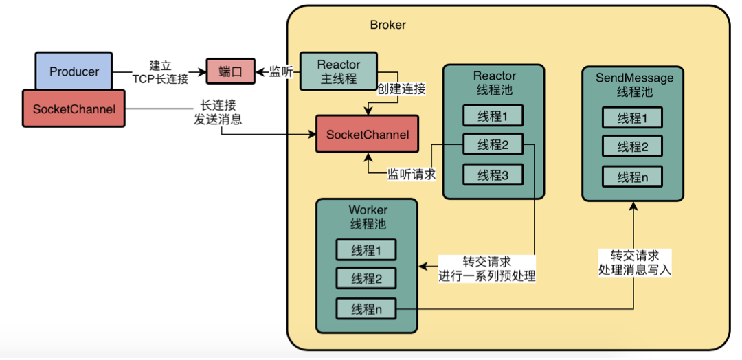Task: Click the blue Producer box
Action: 74,71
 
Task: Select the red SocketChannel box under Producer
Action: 74,109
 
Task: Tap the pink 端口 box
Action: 231,71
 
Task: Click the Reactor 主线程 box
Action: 339,71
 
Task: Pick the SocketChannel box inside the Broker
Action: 367,134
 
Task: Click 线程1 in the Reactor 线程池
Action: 493,116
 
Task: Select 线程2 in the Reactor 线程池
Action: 493,145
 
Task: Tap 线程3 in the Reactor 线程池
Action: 493,175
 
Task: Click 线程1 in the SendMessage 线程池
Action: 631,117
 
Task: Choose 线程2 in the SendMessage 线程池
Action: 631,146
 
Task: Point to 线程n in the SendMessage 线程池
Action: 631,177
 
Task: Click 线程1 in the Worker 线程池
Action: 366,250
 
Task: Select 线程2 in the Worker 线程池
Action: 366,279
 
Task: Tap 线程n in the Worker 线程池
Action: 366,309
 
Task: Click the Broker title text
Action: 387,25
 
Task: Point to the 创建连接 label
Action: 401,89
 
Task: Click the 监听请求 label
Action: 412,175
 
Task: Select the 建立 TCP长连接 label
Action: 160,71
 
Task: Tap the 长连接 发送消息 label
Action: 218,112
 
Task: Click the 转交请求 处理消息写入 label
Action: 634,262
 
